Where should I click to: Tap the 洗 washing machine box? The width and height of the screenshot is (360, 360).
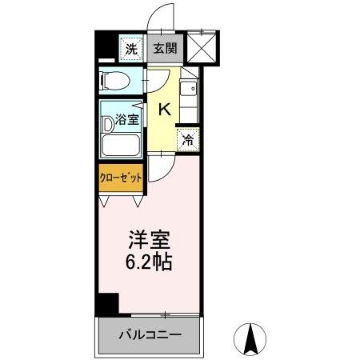tap(130, 49)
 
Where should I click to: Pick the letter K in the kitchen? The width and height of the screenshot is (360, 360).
tap(164, 110)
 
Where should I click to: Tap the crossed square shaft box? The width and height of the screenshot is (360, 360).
tap(200, 46)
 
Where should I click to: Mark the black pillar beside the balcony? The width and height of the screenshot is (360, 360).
tap(107, 304)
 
